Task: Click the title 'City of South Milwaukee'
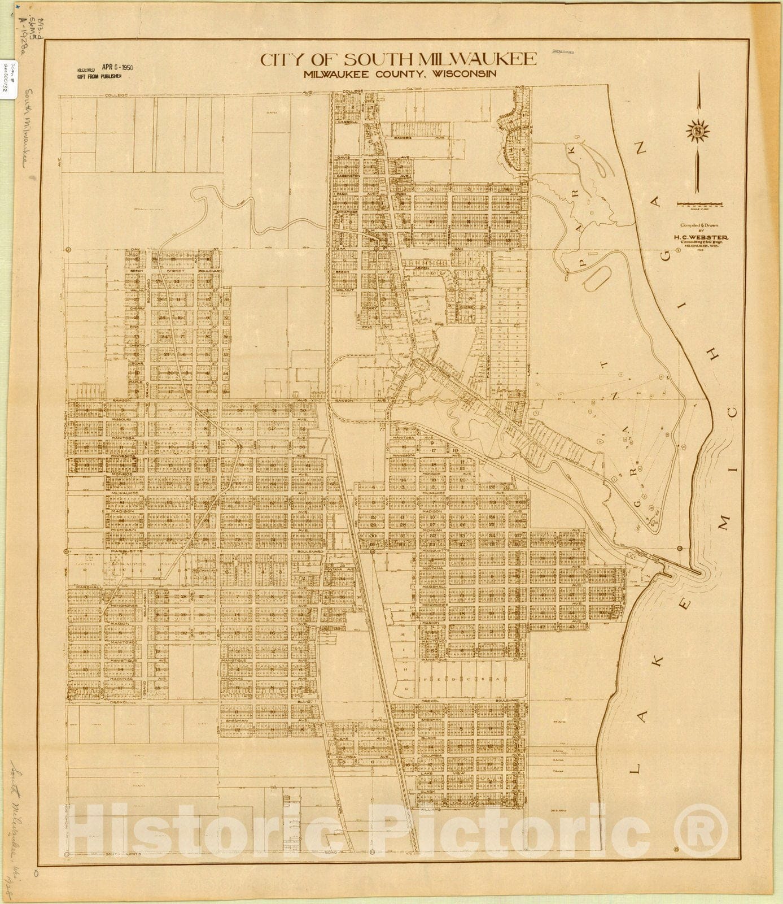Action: [398, 59]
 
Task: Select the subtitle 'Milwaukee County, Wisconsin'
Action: [399, 74]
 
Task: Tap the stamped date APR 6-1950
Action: [117, 66]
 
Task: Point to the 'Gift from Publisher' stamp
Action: [99, 76]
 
